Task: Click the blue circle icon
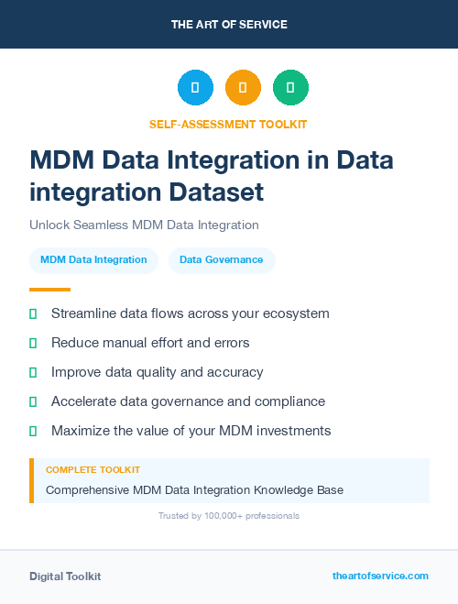[x=195, y=88]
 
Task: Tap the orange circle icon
[x=243, y=88]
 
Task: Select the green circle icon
[x=290, y=88]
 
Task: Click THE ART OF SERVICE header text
[x=229, y=25]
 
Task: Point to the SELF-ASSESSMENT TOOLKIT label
[x=228, y=124]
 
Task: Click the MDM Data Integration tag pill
[x=93, y=260]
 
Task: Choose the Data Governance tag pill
[x=221, y=260]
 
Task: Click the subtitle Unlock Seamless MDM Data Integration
[x=144, y=225]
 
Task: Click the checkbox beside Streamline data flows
[x=33, y=313]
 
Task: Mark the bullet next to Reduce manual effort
[x=33, y=343]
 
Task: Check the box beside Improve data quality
[x=33, y=372]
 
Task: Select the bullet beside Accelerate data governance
[x=33, y=401]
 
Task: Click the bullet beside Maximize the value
[x=33, y=431]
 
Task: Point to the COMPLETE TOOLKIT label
[x=93, y=469]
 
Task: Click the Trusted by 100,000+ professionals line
[x=228, y=516]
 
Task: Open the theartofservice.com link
[x=380, y=576]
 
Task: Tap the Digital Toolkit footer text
[x=65, y=577]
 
